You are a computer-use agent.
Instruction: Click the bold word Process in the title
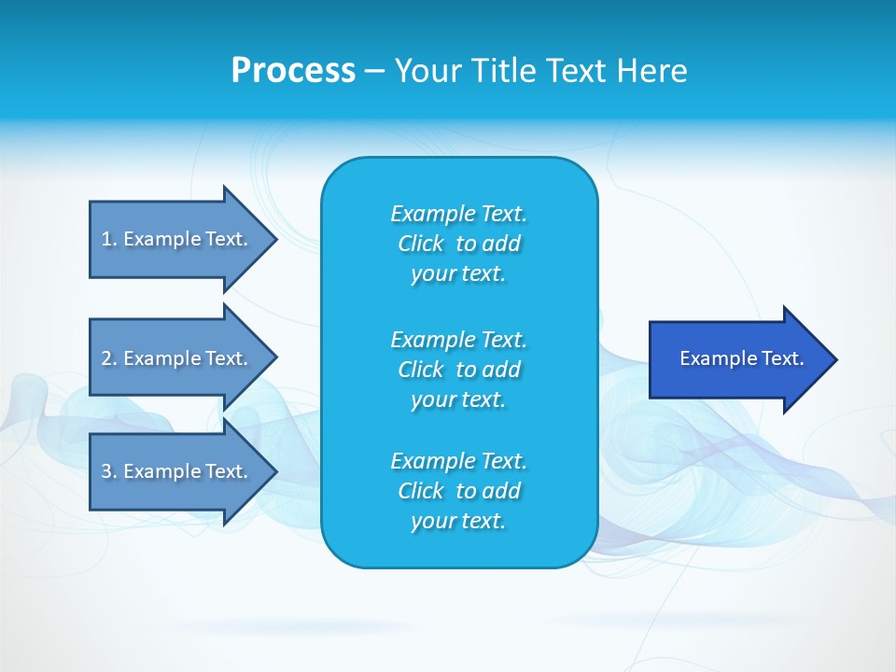293,71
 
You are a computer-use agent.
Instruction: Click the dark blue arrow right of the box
737,359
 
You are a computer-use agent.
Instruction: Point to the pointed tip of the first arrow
274,239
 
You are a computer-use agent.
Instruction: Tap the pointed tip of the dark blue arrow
834,359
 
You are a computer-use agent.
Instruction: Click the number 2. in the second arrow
108,358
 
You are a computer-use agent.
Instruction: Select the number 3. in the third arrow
108,471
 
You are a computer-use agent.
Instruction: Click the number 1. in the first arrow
108,239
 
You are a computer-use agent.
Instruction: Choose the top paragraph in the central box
458,244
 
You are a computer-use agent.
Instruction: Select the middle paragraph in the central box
458,370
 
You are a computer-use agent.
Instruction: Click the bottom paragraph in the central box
458,491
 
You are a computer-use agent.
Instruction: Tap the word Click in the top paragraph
421,244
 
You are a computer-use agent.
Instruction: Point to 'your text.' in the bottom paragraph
458,521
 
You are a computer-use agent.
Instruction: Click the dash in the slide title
374,71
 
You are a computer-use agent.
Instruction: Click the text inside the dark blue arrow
741,358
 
